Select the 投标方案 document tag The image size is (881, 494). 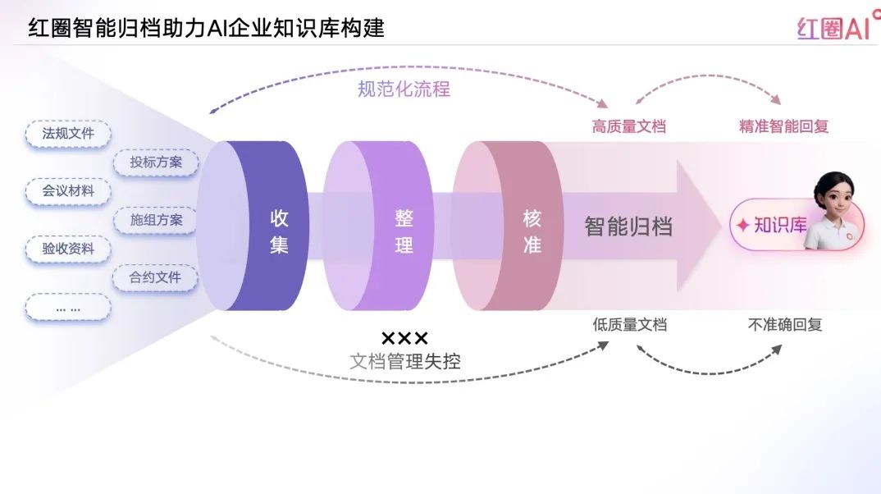pyautogui.click(x=156, y=162)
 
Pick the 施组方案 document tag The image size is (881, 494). pyautogui.click(x=156, y=220)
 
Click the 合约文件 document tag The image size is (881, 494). pyautogui.click(x=156, y=277)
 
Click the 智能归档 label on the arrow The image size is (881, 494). pyautogui.click(x=628, y=227)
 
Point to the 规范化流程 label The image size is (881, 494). pyautogui.click(x=404, y=89)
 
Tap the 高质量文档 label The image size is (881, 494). pyautogui.click(x=629, y=126)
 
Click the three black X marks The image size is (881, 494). pyautogui.click(x=404, y=338)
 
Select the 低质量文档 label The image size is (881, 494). pyautogui.click(x=629, y=325)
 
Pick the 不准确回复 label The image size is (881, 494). pyautogui.click(x=784, y=325)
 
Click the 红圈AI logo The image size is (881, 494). pyautogui.click(x=833, y=29)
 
